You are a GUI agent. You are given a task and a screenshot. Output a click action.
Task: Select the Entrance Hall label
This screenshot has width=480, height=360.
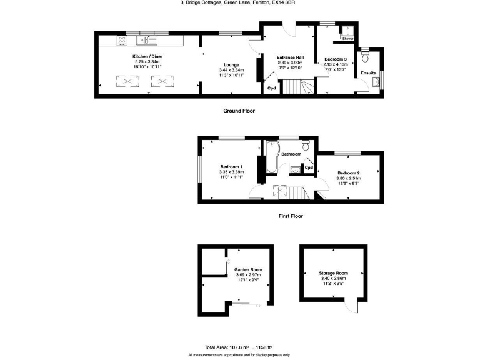coord(289,57)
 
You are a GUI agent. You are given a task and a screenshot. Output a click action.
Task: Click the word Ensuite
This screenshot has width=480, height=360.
coord(368,73)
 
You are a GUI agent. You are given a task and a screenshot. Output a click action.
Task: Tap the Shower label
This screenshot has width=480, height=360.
coord(347,39)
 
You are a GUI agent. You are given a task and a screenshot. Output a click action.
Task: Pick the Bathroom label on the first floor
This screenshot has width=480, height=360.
coord(291,154)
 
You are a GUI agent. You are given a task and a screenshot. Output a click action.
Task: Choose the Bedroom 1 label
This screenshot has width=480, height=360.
coord(231,166)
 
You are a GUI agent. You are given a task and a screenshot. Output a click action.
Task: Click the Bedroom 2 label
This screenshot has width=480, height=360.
coord(349,172)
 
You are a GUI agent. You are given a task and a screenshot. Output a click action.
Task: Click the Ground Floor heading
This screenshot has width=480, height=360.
coord(239,111)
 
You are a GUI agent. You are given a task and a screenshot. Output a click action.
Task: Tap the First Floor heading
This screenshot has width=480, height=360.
coord(290,216)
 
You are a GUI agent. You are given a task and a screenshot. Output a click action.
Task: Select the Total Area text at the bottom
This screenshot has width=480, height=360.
coord(239,347)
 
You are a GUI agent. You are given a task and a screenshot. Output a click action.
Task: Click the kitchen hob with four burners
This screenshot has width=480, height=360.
coord(122,41)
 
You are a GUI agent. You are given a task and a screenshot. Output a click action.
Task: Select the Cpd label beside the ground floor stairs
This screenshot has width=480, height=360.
coord(271,88)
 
